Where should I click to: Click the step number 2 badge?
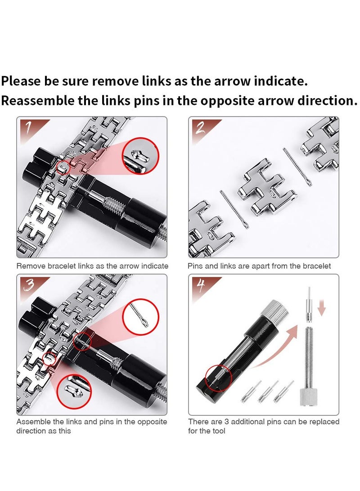point(200,128)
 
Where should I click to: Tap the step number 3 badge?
point(28,285)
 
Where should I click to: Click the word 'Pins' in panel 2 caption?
point(195,266)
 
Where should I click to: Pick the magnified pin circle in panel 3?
point(141,317)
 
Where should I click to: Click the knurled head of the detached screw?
point(308,397)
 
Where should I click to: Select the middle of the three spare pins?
point(267,392)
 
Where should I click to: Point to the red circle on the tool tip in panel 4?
point(219,377)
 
